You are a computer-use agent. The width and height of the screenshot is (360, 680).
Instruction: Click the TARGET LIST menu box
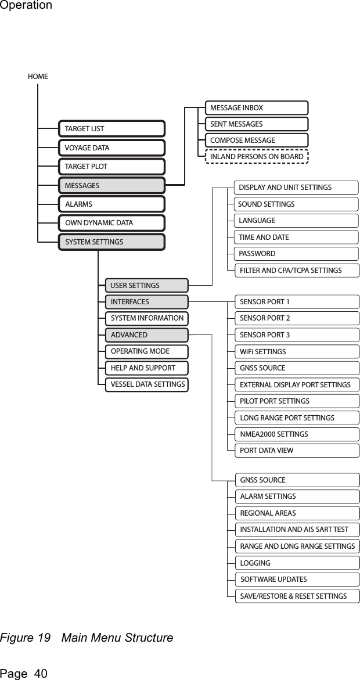[x=111, y=128]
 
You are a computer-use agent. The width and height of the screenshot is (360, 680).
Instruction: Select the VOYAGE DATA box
[x=111, y=147]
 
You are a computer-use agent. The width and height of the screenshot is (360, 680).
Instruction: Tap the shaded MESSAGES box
[x=111, y=186]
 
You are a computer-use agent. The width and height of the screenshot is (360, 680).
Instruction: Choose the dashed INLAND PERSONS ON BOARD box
[x=257, y=157]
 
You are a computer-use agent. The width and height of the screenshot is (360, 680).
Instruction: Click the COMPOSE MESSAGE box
[x=257, y=141]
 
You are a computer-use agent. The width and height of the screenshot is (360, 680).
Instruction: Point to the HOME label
[x=38, y=76]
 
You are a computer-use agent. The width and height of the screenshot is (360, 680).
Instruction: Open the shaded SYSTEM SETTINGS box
[x=111, y=242]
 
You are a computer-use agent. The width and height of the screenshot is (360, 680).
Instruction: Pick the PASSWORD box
[x=297, y=254]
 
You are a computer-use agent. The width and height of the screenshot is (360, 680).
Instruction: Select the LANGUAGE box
[x=297, y=221]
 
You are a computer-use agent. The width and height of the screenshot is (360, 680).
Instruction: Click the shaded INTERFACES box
[x=147, y=302]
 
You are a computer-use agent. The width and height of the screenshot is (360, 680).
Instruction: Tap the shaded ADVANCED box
[x=147, y=335]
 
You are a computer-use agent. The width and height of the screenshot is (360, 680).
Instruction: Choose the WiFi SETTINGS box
[x=298, y=352]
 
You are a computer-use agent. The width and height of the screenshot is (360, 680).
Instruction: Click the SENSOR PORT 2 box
[x=298, y=318]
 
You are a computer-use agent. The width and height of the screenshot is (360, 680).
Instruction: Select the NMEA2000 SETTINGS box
[x=298, y=434]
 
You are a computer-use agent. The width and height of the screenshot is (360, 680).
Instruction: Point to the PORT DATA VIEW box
[x=298, y=451]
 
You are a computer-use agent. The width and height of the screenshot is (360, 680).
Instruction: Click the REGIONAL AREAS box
[x=298, y=513]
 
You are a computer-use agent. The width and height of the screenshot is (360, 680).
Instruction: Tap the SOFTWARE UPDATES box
[x=298, y=580]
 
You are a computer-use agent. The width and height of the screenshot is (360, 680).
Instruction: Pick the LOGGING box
[x=298, y=563]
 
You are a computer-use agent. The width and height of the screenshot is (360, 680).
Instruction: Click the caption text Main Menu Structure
[x=117, y=638]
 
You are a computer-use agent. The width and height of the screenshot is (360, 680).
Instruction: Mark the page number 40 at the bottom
[x=41, y=674]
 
